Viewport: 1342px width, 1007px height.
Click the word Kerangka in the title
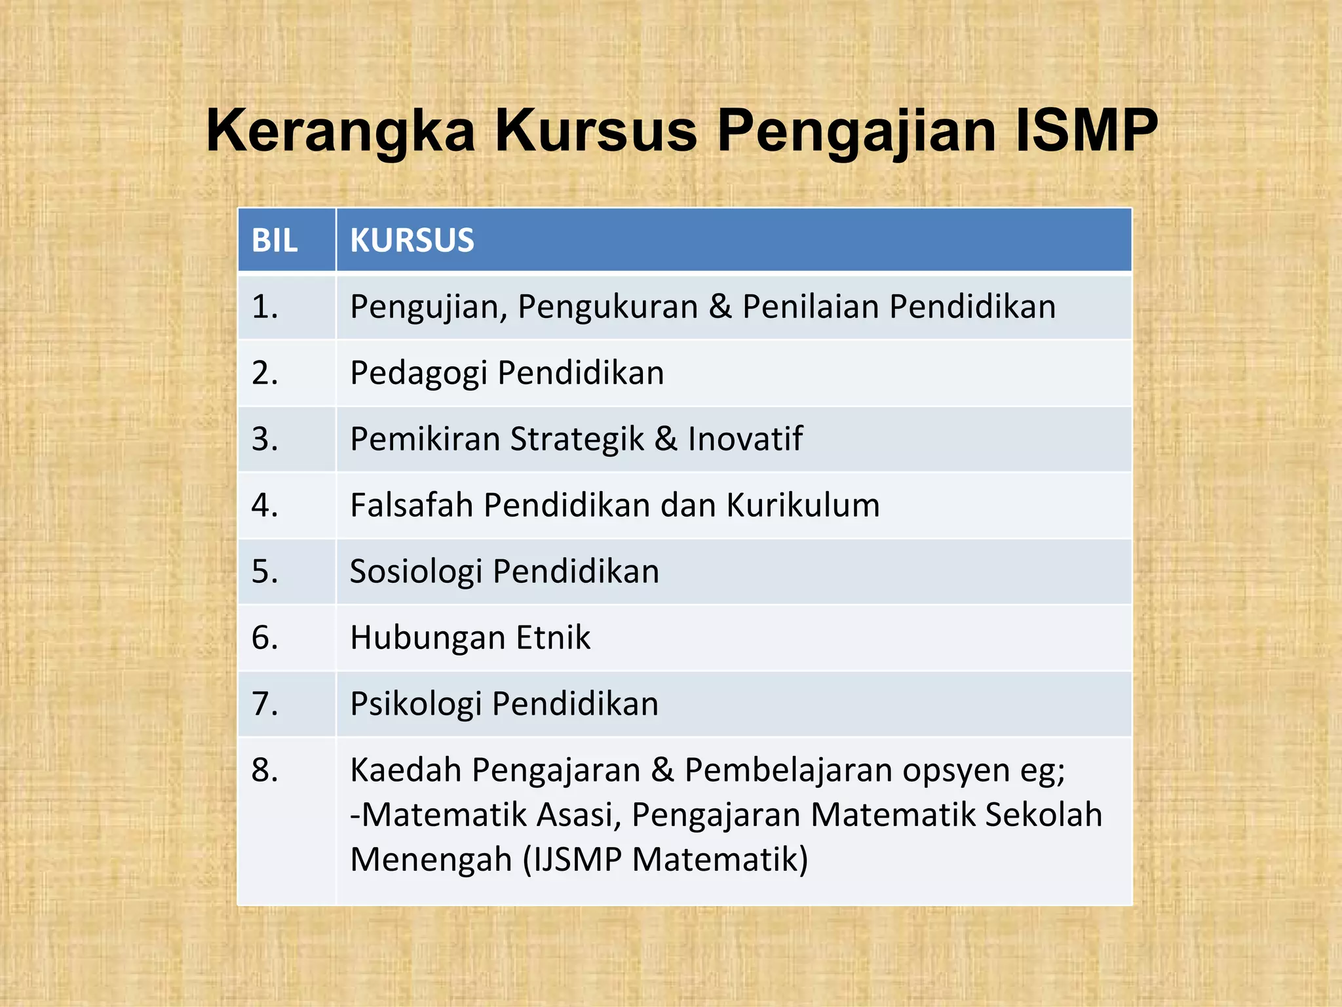[341, 131]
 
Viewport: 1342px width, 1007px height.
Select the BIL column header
[275, 241]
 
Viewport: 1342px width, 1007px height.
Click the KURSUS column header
[412, 241]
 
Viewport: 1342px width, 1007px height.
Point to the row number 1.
[265, 307]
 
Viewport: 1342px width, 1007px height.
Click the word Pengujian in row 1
[429, 307]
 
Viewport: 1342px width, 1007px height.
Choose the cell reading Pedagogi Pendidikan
[507, 373]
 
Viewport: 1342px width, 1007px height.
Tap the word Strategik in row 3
[577, 439]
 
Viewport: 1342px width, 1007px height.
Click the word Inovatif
[745, 439]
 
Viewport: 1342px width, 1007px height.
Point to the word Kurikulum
[803, 505]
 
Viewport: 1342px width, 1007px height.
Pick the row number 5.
[265, 572]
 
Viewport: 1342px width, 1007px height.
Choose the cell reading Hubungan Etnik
[470, 638]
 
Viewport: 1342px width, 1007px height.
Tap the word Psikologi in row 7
[415, 704]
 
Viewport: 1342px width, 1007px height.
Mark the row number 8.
[265, 770]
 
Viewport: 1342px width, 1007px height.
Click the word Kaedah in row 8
[406, 770]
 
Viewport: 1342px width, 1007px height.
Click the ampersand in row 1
[719, 307]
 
